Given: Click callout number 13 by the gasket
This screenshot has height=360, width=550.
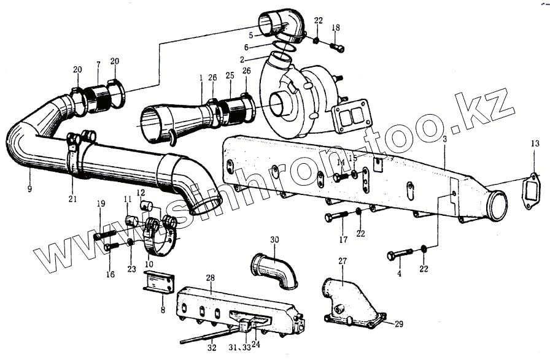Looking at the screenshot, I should [x=534, y=144].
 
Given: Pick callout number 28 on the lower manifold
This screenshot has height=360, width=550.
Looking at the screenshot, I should [x=210, y=278].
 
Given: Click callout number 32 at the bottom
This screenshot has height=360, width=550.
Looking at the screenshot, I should [x=212, y=348].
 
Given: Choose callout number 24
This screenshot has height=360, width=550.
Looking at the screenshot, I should [x=256, y=344].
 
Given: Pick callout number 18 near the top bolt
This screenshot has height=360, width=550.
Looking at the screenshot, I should [x=335, y=29].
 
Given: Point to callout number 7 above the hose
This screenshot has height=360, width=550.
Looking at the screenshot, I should [x=98, y=65].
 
